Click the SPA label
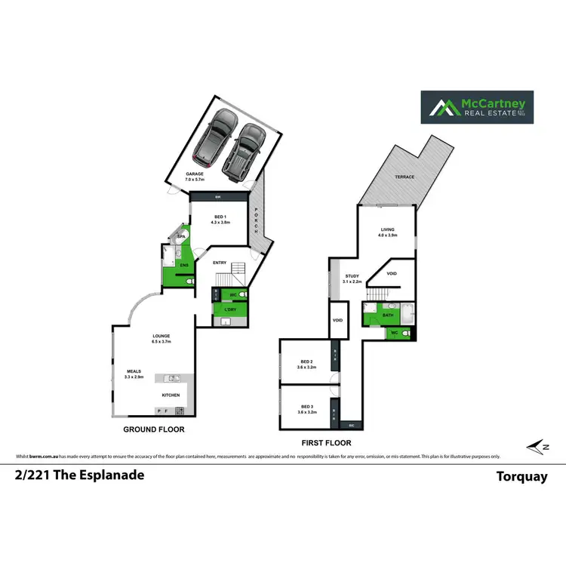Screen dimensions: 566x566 pyautogui.click(x=181, y=237)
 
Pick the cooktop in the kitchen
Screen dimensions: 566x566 pyautogui.click(x=180, y=411)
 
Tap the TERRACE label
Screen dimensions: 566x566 pyautogui.click(x=405, y=178)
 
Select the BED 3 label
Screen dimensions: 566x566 pyautogui.click(x=306, y=406)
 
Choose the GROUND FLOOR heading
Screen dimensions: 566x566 pyautogui.click(x=154, y=429)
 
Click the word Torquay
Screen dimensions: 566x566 pyautogui.click(x=521, y=476)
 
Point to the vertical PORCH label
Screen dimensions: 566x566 pyautogui.click(x=257, y=220)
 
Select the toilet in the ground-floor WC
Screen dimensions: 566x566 pyautogui.click(x=244, y=294)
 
